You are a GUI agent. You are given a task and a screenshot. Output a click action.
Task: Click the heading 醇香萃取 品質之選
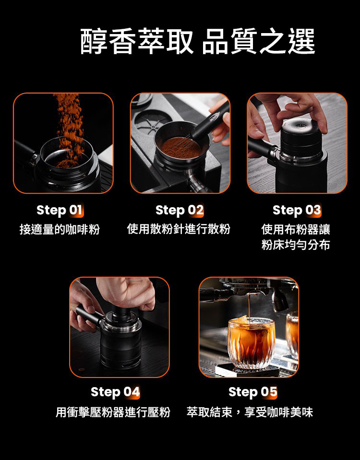point(197,41)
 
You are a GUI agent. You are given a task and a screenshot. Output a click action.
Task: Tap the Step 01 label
point(60,211)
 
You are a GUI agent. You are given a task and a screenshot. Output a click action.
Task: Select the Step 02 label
point(180,211)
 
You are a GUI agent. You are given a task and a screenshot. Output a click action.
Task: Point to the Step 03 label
point(297,211)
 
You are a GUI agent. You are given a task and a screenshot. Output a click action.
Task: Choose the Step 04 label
point(115,392)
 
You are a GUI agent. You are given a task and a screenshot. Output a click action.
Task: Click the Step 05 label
point(252,392)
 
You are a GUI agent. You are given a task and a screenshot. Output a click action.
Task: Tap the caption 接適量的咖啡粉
point(60,229)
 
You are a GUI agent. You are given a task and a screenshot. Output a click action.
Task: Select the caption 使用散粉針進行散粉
point(179,229)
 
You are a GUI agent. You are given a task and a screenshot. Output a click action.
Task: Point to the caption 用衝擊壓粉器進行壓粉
point(113,412)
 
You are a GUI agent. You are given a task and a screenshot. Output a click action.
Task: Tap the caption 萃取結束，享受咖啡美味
point(250,412)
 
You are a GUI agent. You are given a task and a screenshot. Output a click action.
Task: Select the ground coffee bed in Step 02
point(181,148)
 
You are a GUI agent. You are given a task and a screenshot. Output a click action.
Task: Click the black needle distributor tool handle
point(210,122)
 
